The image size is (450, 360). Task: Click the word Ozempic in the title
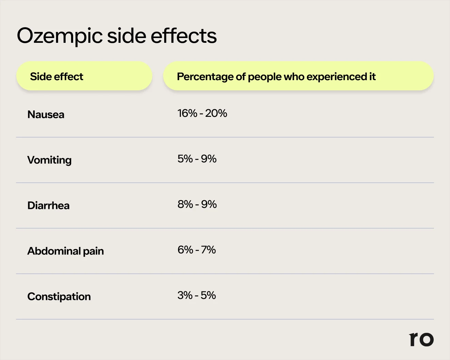[59, 36]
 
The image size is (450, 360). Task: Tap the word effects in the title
[184, 36]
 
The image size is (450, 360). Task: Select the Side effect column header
[56, 77]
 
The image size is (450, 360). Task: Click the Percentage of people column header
[276, 77]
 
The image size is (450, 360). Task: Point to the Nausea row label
[46, 114]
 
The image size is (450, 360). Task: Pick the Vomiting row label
[49, 160]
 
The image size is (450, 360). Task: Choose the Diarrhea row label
[48, 205]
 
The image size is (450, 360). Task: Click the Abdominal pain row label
[66, 251]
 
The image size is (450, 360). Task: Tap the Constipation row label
[59, 296]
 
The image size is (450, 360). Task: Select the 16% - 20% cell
[202, 113]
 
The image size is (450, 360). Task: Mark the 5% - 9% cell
[197, 159]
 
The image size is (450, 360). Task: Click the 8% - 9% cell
[197, 204]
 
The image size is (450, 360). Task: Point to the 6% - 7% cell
[196, 250]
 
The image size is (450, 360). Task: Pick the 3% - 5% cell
[196, 295]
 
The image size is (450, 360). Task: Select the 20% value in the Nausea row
[216, 113]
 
